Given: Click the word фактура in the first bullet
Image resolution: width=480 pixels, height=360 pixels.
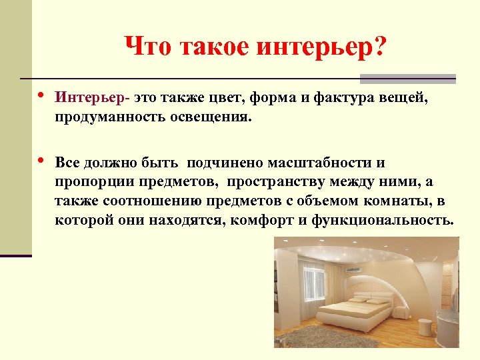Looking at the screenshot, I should (x=352, y=99).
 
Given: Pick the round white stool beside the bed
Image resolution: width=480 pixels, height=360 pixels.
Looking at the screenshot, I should (x=425, y=326).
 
